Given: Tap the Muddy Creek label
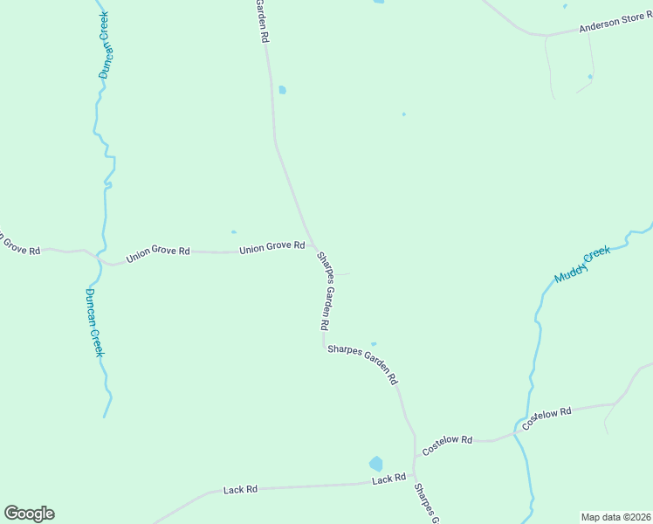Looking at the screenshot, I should (x=583, y=265).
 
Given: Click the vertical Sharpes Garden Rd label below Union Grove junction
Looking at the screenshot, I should (x=324, y=291).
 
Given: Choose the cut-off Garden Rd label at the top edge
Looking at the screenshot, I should (x=261, y=21).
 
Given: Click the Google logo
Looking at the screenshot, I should (x=29, y=514).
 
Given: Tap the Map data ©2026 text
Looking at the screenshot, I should (x=615, y=517).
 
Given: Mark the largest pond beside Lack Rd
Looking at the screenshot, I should (x=376, y=463).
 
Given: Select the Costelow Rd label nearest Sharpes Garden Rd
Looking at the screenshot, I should (x=447, y=445).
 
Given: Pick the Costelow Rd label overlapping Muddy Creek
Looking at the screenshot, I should (x=546, y=417).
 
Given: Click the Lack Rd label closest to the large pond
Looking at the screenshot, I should (x=388, y=479).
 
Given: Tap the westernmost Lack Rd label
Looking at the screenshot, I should (x=240, y=490).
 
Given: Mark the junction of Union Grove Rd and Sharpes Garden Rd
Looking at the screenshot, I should (x=313, y=248).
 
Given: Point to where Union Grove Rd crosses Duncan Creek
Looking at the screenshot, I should (x=102, y=259).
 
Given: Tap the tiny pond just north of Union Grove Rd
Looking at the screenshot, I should (x=233, y=232).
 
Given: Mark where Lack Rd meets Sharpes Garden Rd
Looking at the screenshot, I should (x=414, y=479).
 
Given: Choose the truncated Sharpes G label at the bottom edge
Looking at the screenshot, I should (x=426, y=504).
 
